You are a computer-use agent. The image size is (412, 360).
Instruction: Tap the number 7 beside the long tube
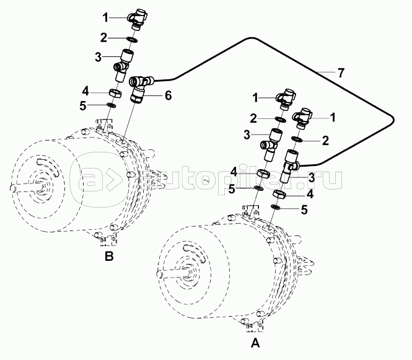[340, 72]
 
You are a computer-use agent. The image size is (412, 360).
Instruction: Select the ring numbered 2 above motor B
[131, 40]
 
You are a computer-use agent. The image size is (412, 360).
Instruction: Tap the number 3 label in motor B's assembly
[98, 57]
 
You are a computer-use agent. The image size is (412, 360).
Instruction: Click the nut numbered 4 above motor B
[115, 94]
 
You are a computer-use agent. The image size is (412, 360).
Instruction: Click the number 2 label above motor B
[105, 37]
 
